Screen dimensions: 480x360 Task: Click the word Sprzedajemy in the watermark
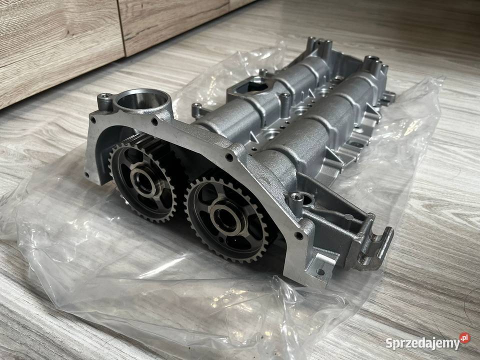[x=422, y=343]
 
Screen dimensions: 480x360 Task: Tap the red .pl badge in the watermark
[x=464, y=338]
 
